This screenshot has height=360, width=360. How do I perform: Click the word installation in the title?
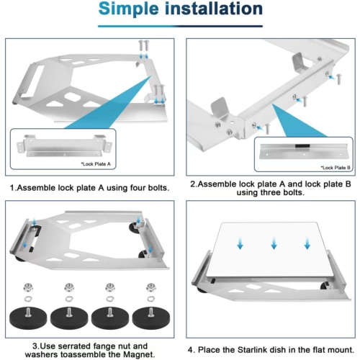click(217, 10)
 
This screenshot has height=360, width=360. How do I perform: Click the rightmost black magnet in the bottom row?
click(150, 315)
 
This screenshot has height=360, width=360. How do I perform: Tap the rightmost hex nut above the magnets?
click(150, 286)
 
